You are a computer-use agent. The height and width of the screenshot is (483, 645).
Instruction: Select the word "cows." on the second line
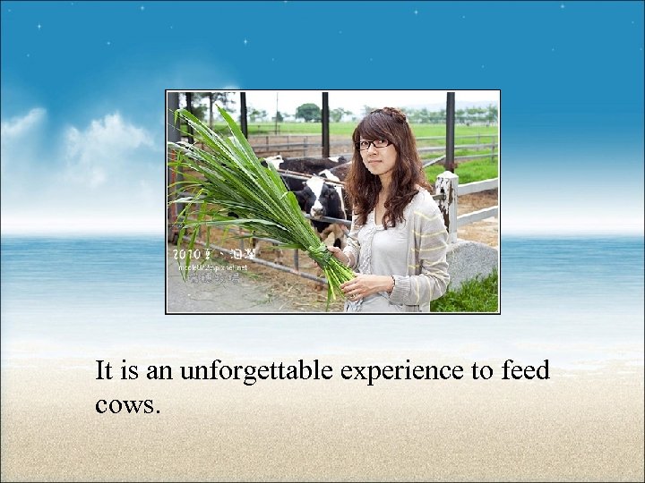[x=127, y=404]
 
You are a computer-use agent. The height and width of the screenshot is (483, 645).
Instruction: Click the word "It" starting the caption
[x=104, y=370]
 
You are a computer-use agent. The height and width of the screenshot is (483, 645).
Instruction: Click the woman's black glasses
[x=374, y=143]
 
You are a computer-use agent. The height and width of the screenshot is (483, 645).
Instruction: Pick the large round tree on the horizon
[x=308, y=112]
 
